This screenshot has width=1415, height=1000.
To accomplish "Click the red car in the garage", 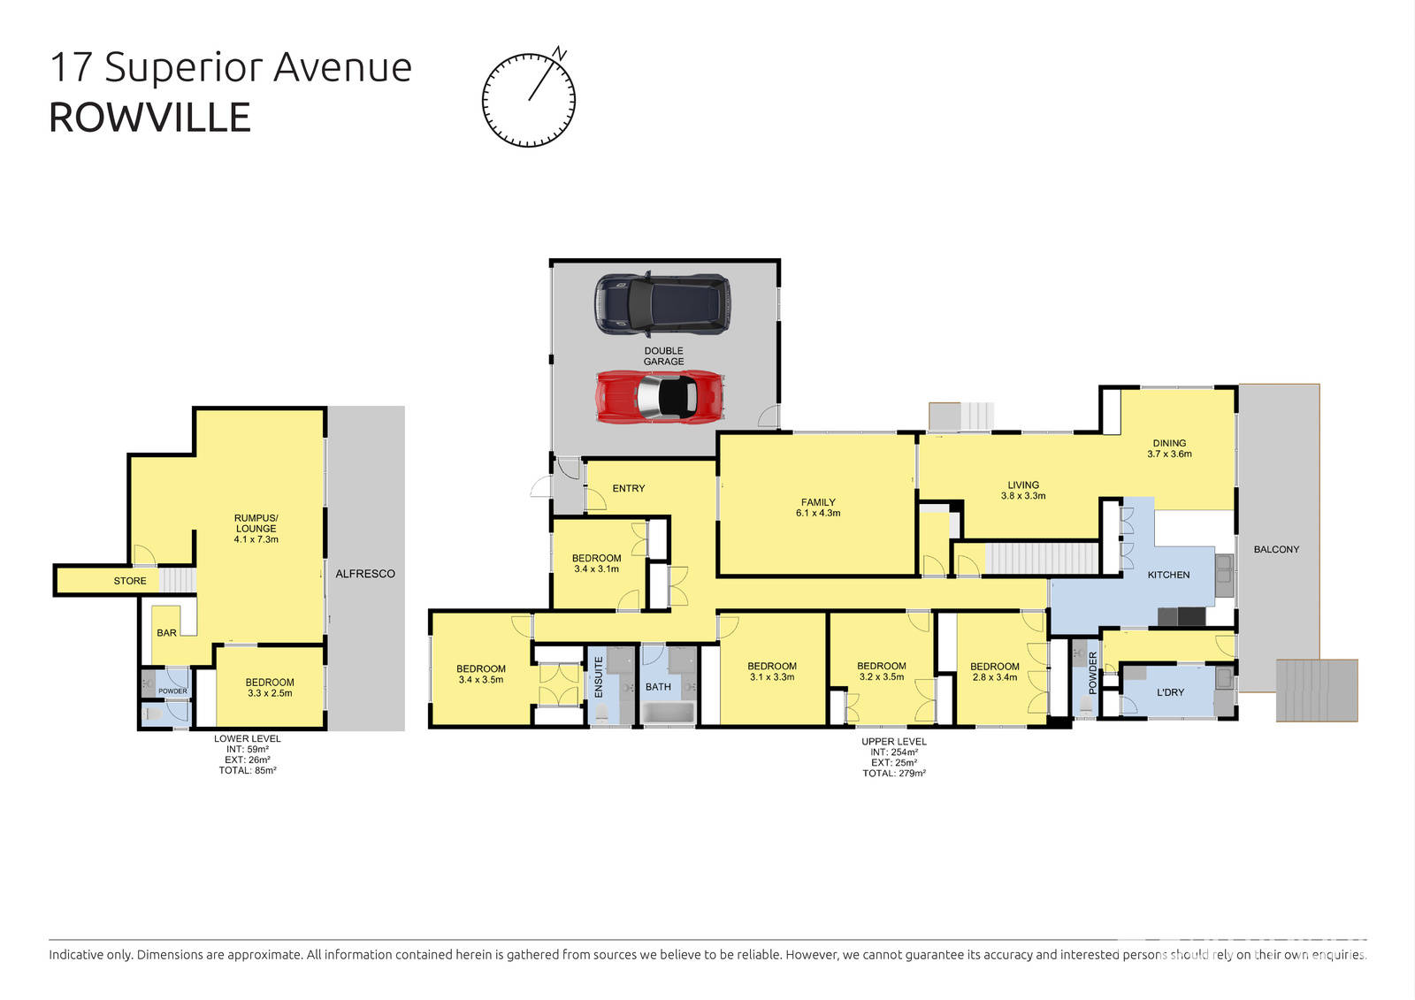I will (662, 396).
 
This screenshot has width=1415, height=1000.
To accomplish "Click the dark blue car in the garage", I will (662, 304).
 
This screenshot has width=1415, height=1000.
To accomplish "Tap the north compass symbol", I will (529, 99).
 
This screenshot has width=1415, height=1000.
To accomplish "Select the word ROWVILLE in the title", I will (149, 118).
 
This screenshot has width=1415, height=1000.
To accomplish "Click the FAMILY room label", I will (818, 508).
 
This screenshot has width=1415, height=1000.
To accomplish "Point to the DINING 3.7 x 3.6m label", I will (1169, 448).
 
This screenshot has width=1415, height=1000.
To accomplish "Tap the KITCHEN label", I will (1168, 575).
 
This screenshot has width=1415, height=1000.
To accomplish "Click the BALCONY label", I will (1276, 549).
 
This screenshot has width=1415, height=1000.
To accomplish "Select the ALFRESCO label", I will (364, 574).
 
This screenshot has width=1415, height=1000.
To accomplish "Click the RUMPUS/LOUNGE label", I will (256, 528).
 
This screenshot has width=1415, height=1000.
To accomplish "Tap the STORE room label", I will (130, 581).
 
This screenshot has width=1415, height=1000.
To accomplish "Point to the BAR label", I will (166, 633).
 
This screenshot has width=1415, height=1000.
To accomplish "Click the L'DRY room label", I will (1170, 692).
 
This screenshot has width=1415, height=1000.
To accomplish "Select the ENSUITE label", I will (599, 676).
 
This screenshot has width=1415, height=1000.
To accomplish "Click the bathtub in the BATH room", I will (668, 713).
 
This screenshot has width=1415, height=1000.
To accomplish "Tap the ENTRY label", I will (628, 488).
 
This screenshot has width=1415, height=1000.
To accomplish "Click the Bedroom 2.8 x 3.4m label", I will (994, 672).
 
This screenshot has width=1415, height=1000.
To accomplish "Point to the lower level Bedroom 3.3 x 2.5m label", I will (270, 687).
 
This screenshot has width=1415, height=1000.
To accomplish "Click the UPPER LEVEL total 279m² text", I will (894, 773).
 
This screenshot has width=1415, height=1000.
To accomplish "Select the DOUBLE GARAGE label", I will (663, 355).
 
